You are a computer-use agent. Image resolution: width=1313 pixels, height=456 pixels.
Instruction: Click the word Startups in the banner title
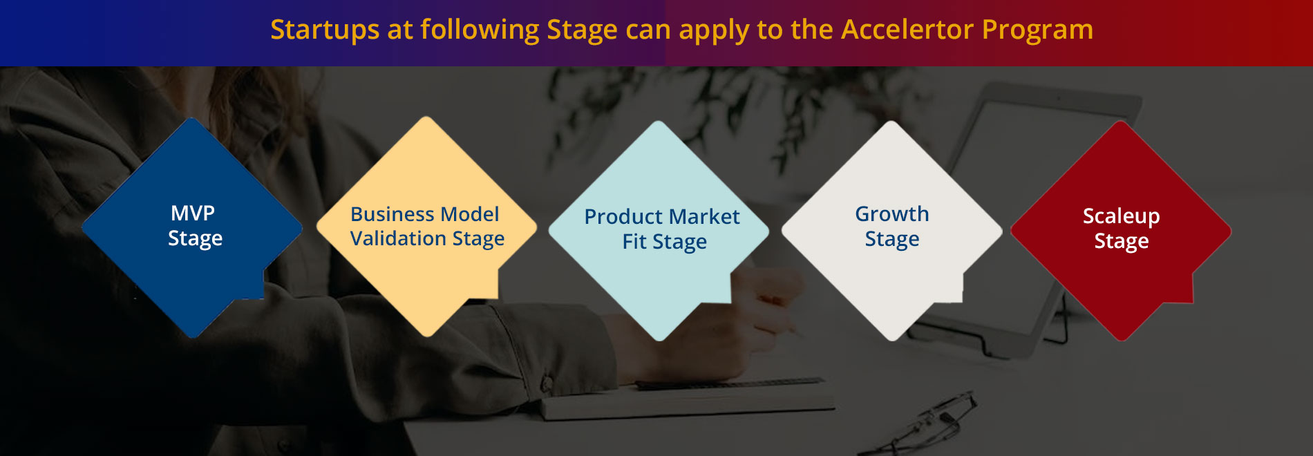(x=325, y=30)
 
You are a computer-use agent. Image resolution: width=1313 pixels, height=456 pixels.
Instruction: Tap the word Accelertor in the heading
(x=907, y=29)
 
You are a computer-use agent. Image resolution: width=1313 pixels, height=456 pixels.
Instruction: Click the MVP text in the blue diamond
(x=193, y=213)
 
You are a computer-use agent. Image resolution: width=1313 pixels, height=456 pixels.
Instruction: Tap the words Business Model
(x=425, y=214)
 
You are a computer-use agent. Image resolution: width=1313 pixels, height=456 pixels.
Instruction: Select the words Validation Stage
(x=427, y=239)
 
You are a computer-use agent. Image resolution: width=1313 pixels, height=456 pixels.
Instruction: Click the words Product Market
(x=662, y=217)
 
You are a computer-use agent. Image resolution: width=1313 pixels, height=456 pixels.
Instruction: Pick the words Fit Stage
(x=665, y=242)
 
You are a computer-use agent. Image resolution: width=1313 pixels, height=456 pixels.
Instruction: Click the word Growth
(x=892, y=214)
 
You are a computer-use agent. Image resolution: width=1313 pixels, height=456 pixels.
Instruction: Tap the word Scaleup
(x=1121, y=217)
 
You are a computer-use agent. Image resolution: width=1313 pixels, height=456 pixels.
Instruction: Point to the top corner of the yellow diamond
(x=427, y=117)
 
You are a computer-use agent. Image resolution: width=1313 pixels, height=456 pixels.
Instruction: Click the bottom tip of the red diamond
(x=1122, y=340)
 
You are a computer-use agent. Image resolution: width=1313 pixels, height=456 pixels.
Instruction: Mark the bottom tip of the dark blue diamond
(x=193, y=337)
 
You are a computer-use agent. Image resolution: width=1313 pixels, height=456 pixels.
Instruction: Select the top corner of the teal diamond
(x=659, y=122)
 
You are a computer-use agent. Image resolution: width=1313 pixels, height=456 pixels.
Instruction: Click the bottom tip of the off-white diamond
(x=892, y=340)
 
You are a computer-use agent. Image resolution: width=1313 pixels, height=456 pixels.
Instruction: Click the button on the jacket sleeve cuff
(x=547, y=383)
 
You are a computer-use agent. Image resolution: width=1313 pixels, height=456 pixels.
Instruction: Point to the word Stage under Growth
(x=892, y=240)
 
